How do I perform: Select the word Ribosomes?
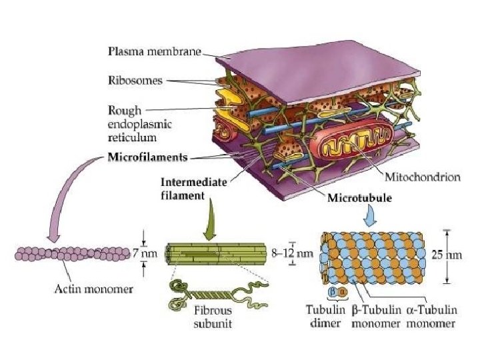point(136,81)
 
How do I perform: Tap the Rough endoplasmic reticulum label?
point(133,123)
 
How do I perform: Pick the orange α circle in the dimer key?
point(343,292)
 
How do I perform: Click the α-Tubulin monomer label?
point(431,316)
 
